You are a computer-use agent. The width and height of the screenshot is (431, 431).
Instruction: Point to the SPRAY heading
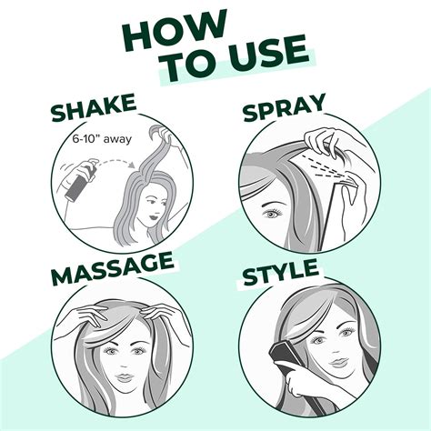click(x=296, y=113)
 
